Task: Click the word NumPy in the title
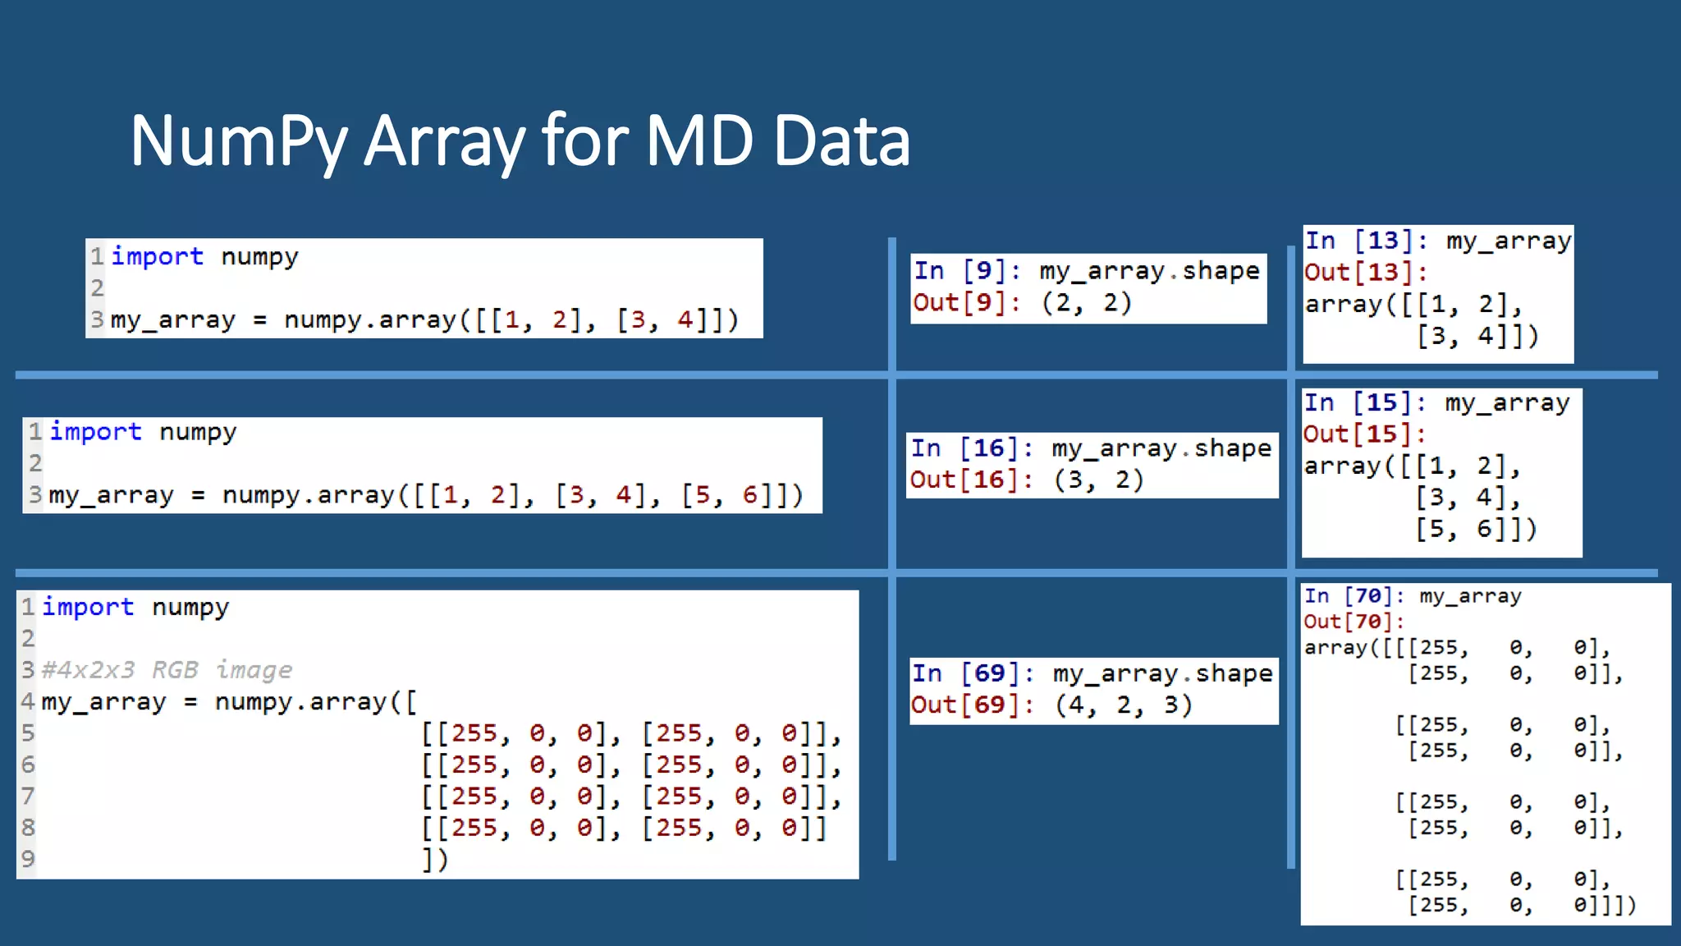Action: pos(239,141)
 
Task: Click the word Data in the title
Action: pos(841,141)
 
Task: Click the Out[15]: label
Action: pos(1364,434)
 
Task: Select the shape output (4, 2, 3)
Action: pos(1123,705)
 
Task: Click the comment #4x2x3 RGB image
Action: pos(167,670)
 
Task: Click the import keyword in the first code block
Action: pos(157,256)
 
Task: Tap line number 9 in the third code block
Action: pos(28,859)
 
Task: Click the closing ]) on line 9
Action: pos(435,860)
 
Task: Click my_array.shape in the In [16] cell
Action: pos(1161,448)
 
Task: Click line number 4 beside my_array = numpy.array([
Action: pos(28,702)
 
